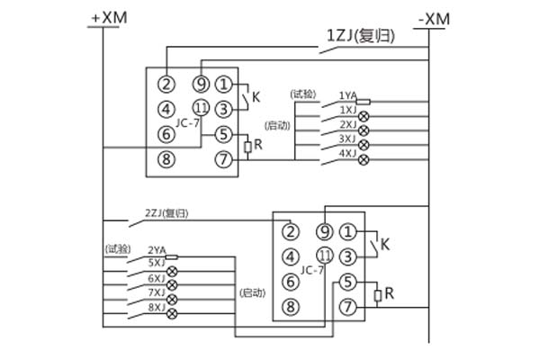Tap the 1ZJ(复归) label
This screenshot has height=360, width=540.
click(355, 37)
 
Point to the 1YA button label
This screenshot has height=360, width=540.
click(346, 94)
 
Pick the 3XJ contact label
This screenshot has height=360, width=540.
click(346, 139)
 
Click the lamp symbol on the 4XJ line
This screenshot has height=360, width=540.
click(364, 160)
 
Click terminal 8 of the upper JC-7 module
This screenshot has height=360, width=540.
click(166, 162)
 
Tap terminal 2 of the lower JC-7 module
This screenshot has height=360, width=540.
click(290, 231)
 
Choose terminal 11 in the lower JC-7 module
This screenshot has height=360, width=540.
click(325, 256)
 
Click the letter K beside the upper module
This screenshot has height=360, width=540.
click(256, 96)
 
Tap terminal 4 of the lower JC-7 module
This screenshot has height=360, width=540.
click(290, 256)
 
